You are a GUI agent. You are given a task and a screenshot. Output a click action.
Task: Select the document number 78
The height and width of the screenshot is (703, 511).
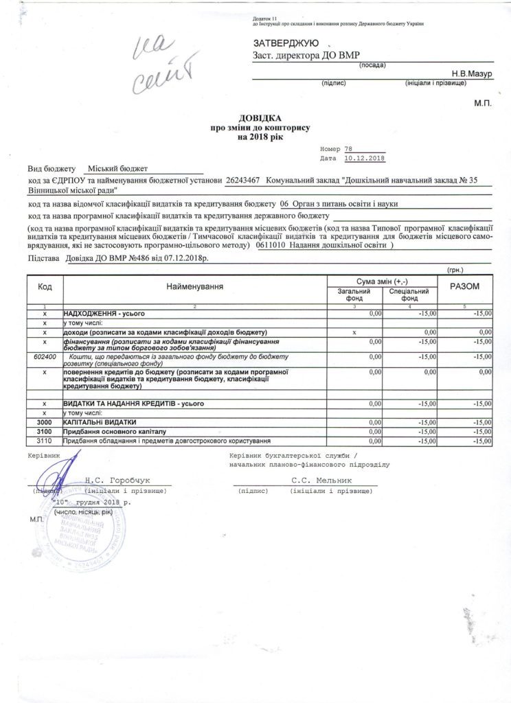[348, 148]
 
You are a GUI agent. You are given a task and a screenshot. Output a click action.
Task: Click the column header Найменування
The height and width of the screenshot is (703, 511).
[194, 286]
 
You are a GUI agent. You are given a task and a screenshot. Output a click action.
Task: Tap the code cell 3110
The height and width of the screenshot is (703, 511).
[44, 439]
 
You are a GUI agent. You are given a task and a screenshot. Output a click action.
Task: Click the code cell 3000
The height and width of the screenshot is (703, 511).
[44, 422]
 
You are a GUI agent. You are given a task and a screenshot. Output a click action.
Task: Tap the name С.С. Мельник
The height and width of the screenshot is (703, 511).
[321, 481]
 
